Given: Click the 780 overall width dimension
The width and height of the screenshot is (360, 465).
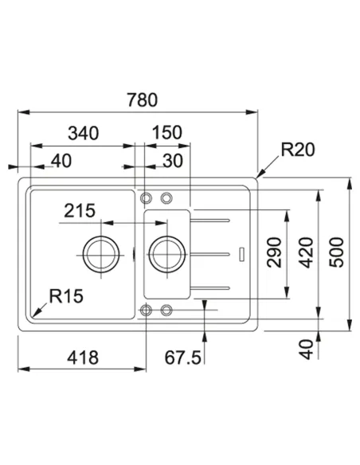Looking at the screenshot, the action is (x=143, y=100).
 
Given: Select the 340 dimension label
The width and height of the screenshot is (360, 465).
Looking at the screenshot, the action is (x=84, y=133).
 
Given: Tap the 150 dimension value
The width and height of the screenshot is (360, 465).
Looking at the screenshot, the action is (x=167, y=132).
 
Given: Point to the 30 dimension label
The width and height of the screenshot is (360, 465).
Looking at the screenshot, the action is (x=173, y=161).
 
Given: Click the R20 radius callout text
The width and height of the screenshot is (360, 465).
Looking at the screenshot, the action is (x=297, y=150).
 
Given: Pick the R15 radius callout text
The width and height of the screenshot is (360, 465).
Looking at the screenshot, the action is (x=66, y=296).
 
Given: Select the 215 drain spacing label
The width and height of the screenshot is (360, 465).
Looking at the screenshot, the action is (x=80, y=210).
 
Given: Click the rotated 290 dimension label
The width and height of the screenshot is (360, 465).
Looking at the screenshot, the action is (x=273, y=252).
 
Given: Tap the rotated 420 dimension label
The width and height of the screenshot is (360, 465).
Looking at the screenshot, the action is (x=306, y=252).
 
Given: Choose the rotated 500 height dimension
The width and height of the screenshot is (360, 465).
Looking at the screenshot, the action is (x=337, y=252).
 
